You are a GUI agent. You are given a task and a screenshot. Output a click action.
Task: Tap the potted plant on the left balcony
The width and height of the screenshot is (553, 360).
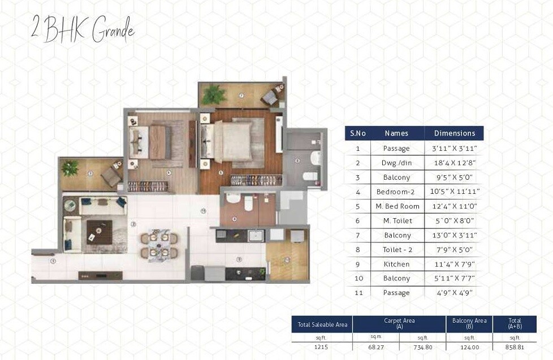click(70, 167)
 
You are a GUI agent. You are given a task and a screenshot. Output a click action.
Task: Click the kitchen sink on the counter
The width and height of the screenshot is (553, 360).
click(255, 236)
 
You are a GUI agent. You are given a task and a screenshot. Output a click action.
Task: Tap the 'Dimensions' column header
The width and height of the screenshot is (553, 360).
click(454, 133)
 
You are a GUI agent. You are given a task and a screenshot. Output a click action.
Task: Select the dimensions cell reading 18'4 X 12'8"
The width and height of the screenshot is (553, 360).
click(454, 163)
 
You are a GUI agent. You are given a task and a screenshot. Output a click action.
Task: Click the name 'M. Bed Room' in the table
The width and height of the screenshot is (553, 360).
click(397, 206)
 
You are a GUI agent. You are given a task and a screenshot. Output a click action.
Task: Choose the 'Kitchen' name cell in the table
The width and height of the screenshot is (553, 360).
click(397, 264)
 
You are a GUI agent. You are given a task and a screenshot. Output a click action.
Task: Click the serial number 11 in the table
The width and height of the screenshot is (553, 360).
click(357, 293)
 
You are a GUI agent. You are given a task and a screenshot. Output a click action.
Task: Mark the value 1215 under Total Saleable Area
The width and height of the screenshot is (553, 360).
click(322, 345)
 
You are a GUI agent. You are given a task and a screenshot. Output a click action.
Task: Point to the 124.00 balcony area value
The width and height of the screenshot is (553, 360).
click(469, 345)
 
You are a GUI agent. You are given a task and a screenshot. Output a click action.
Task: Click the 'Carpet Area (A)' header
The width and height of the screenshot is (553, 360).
click(399, 323)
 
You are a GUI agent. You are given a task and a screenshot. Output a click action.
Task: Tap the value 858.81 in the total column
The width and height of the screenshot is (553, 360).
click(515, 345)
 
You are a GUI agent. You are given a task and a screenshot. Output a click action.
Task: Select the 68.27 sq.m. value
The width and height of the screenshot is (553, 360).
click(375, 345)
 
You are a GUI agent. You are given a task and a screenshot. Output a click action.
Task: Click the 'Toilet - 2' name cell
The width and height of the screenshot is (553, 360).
click(397, 249)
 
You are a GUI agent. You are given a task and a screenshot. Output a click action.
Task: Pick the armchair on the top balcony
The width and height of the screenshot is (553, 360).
click(270, 97)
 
